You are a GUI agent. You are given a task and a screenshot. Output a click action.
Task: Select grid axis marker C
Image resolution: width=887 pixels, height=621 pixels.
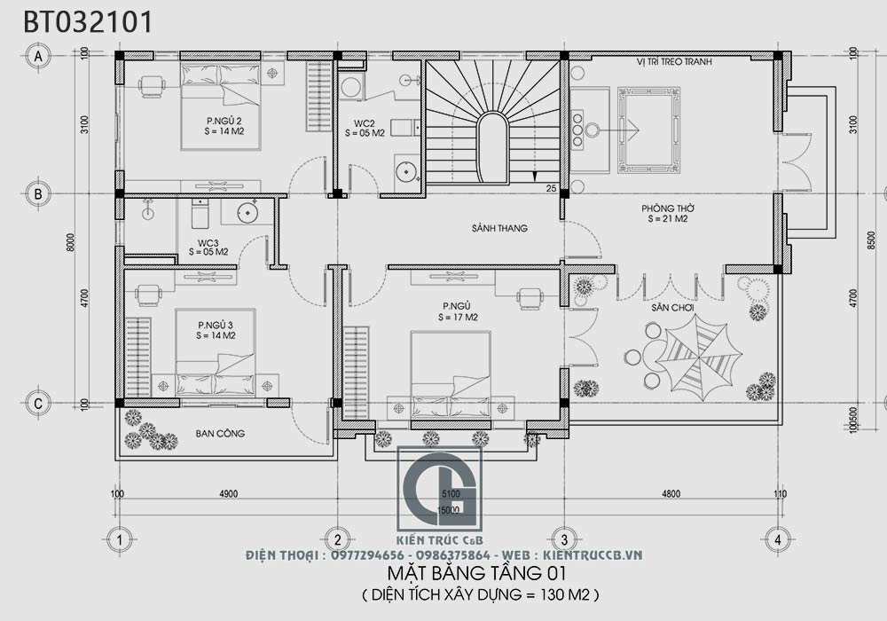pyautogui.click(x=38, y=403)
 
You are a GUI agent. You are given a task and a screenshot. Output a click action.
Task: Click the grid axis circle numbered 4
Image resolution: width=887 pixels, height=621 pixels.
pyautogui.click(x=777, y=538)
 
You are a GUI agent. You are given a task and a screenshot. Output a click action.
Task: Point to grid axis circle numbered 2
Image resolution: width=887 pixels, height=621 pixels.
pyautogui.click(x=337, y=538)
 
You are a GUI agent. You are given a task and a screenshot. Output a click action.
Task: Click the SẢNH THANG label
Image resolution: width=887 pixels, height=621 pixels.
pyautogui.click(x=499, y=228)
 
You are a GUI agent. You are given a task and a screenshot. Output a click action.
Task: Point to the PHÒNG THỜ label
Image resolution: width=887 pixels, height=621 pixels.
pyautogui.click(x=668, y=210)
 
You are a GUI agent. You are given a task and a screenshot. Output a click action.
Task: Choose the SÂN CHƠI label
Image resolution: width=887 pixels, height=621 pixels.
pyautogui.click(x=672, y=307)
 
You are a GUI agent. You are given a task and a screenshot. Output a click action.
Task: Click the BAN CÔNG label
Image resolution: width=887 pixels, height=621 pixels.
pyautogui.click(x=220, y=433)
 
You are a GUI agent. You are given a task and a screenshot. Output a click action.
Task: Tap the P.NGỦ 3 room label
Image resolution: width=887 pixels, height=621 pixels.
pyautogui.click(x=216, y=330)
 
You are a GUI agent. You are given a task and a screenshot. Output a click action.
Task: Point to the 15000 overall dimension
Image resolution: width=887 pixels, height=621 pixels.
pyautogui.click(x=449, y=509)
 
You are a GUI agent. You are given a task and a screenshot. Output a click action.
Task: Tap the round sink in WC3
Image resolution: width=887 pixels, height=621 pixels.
pyautogui.click(x=246, y=212)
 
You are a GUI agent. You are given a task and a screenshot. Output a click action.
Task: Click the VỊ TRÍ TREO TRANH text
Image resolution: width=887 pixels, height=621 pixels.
pyautogui.click(x=674, y=63)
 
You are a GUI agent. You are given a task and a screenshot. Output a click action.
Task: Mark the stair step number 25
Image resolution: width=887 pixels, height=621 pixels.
pyautogui.click(x=551, y=188)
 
